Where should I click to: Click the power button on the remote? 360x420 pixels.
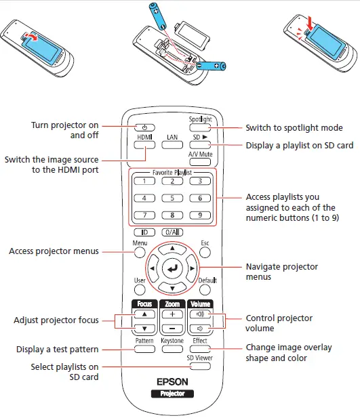point(144,127)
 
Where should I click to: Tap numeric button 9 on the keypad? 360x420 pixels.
point(201,215)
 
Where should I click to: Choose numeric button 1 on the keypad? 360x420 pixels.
point(144,181)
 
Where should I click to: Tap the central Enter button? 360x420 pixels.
point(172,269)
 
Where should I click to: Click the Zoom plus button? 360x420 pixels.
point(172,315)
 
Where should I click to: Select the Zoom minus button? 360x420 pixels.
point(172,329)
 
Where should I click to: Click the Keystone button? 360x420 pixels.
point(172,350)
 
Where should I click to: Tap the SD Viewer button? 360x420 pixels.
point(200,366)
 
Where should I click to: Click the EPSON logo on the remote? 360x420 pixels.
point(172,381)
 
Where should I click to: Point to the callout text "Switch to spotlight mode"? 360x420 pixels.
point(294,127)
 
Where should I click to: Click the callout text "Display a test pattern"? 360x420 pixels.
point(58,350)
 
